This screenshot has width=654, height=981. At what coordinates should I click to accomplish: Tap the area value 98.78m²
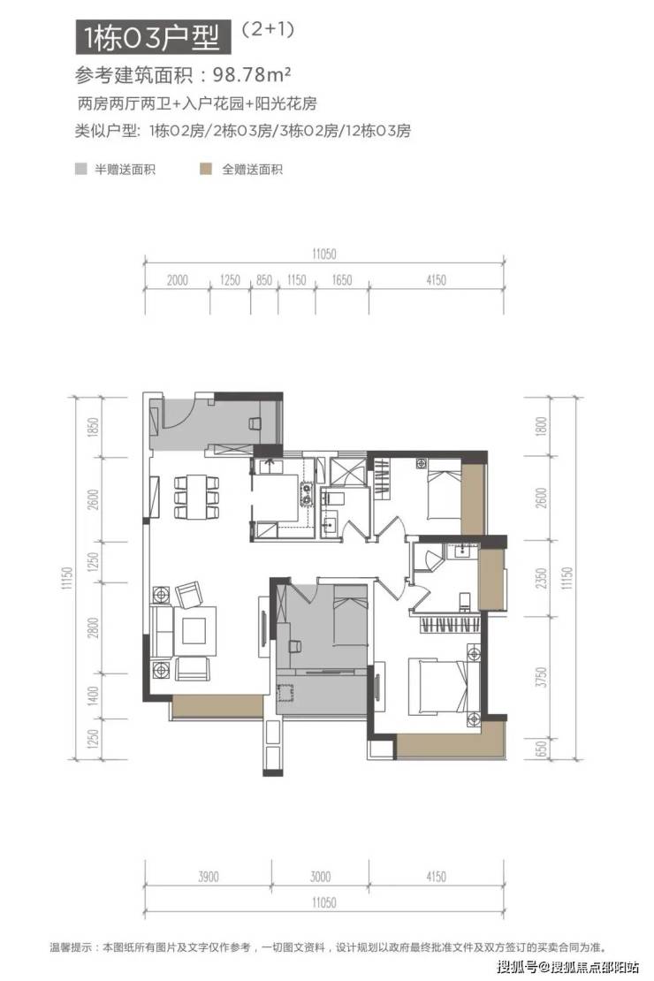(x=252, y=75)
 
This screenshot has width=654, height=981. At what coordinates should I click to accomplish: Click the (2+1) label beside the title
(x=268, y=29)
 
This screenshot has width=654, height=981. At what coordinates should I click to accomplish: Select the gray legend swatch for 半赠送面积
(x=80, y=169)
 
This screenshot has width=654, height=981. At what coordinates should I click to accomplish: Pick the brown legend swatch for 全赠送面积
(x=206, y=169)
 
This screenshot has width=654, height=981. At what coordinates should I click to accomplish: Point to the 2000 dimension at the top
(x=177, y=280)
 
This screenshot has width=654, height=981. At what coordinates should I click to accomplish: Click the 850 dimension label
(x=264, y=280)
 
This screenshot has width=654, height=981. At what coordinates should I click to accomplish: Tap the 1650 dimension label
(x=342, y=280)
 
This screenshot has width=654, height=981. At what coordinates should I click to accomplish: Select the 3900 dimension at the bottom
(x=209, y=877)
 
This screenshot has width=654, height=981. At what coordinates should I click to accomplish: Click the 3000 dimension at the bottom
(x=320, y=877)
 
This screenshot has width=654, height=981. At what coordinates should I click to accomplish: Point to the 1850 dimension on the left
(x=94, y=427)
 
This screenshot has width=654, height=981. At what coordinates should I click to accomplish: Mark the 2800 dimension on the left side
(x=94, y=627)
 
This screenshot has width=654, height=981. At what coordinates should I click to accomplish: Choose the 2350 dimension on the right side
(x=542, y=577)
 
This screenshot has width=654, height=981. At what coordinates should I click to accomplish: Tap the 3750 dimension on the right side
(x=542, y=677)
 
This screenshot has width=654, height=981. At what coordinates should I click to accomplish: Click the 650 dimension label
(x=542, y=748)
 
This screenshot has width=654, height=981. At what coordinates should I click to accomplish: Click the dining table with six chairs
(x=196, y=497)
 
